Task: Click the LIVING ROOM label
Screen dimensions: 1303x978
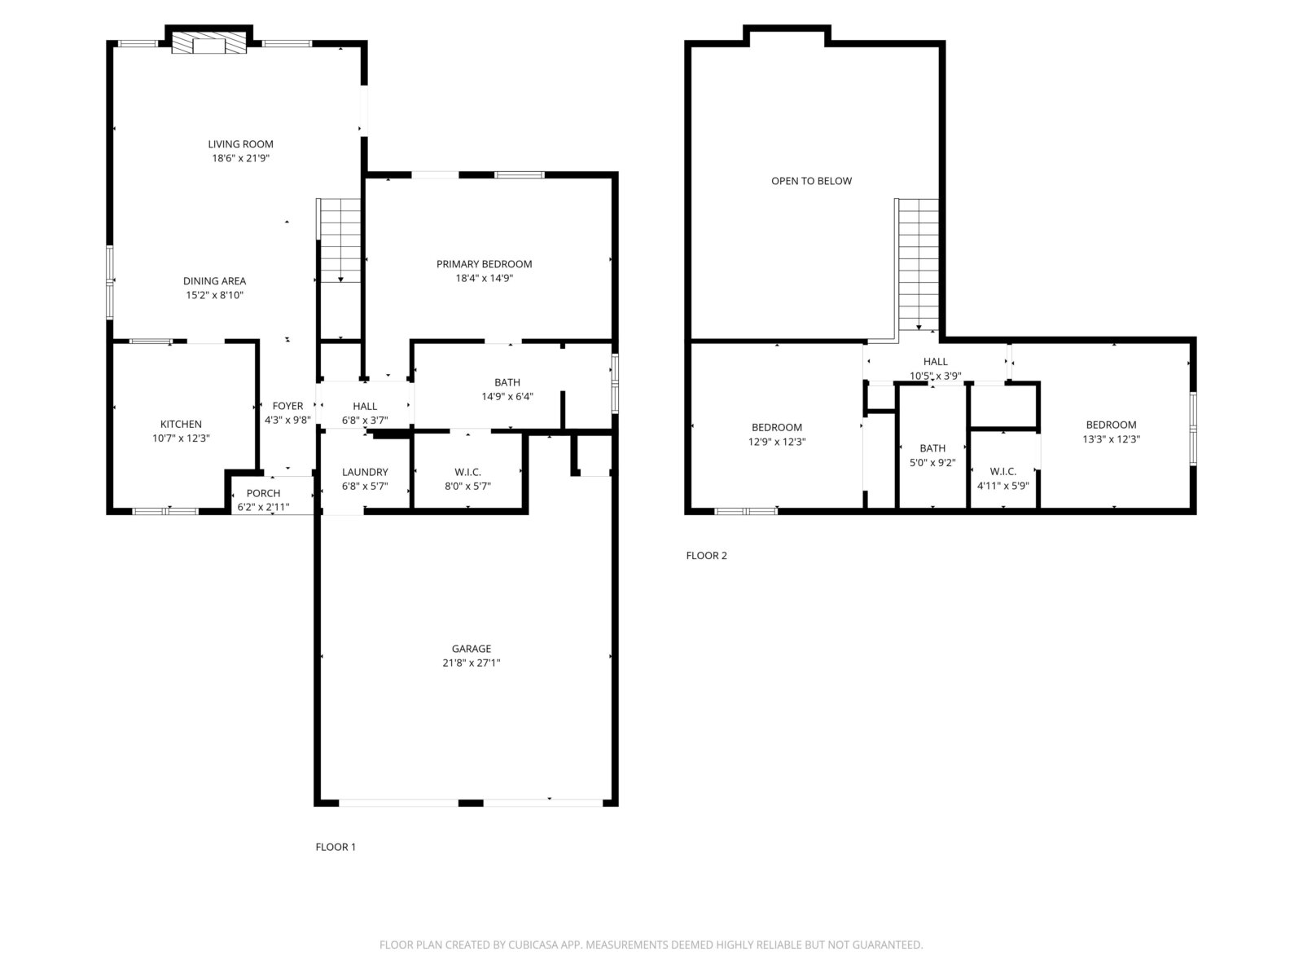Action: coord(240,144)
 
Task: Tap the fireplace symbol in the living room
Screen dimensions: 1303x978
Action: coord(209,42)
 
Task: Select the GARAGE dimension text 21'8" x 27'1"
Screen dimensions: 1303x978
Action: coord(472,663)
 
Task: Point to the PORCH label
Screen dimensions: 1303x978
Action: coord(264,493)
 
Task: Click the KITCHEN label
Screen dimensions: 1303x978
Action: coord(181,424)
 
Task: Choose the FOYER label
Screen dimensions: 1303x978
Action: coord(288,406)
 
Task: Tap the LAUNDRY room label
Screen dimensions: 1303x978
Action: coord(365,472)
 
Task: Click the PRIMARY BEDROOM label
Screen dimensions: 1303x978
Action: coord(485,263)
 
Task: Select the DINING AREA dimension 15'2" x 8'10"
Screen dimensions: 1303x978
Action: coord(215,295)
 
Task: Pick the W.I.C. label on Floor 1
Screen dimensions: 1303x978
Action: coord(467,472)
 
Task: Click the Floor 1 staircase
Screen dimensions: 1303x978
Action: coord(340,240)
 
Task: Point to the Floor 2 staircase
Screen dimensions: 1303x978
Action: coord(918,265)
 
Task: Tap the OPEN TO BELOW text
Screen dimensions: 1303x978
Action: coord(811,181)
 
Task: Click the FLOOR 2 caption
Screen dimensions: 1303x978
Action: coord(706,556)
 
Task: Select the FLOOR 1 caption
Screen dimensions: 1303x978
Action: coord(336,848)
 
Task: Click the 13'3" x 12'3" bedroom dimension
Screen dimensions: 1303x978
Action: coord(1112,439)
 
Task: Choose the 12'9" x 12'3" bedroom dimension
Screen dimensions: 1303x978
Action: coord(777,442)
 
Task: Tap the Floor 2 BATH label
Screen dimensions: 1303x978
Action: coord(932,448)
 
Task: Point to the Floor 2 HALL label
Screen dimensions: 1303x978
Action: coord(936,362)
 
